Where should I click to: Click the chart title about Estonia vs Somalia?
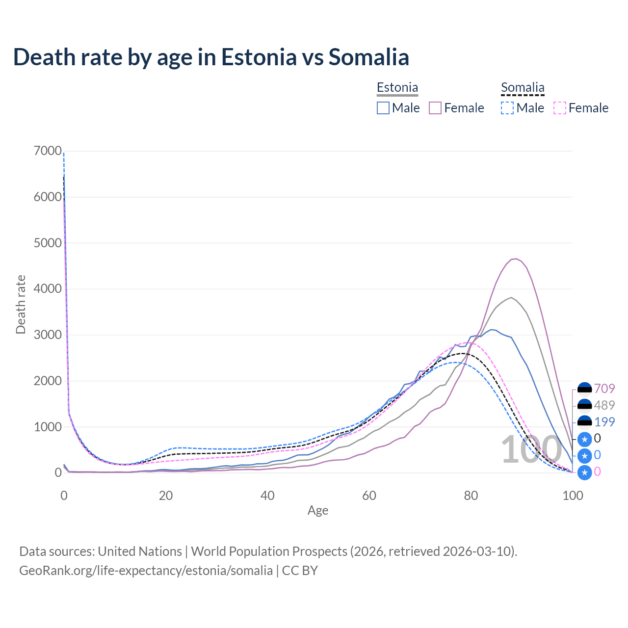click(211, 57)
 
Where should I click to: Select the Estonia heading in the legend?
click(397, 87)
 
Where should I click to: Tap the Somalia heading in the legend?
click(523, 87)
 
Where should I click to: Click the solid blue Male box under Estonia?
click(383, 108)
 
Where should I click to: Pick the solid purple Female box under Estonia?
click(435, 108)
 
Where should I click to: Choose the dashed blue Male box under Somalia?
click(507, 108)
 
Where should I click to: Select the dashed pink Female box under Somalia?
click(560, 108)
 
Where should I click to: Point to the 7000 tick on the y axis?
click(48, 151)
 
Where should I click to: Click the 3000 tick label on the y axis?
click(48, 335)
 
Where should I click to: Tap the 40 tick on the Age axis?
click(267, 496)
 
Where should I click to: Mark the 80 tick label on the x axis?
click(471, 496)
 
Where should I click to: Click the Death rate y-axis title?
click(21, 304)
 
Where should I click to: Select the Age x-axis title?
click(318, 511)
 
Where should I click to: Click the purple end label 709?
click(604, 389)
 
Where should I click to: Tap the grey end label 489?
click(604, 405)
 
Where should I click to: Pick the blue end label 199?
click(604, 422)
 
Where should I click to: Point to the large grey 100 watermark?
click(531, 449)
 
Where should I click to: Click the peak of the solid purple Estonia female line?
click(515, 259)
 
